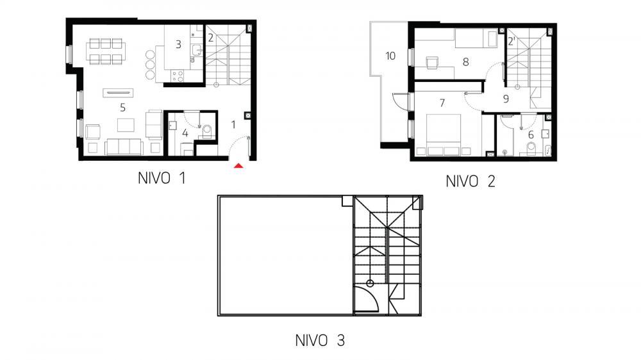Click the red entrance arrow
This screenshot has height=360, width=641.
pyautogui.click(x=238, y=166)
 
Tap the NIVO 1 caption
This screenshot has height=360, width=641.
pyautogui.click(x=162, y=179)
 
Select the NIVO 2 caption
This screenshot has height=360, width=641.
pyautogui.click(x=470, y=181)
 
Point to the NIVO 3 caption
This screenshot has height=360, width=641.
pyautogui.click(x=320, y=340)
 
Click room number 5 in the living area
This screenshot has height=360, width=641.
pyautogui.click(x=122, y=108)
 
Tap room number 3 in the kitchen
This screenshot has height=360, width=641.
pyautogui.click(x=179, y=45)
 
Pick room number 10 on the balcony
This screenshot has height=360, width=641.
pyautogui.click(x=390, y=55)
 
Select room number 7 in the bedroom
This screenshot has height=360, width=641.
pyautogui.click(x=442, y=102)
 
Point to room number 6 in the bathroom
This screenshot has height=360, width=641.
pyautogui.click(x=531, y=135)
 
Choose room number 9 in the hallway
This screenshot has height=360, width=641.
pyautogui.click(x=506, y=99)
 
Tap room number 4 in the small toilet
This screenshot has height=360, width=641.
pyautogui.click(x=185, y=133)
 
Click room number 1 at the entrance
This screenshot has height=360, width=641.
pyautogui.click(x=233, y=124)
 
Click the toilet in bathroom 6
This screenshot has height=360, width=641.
pyautogui.click(x=530, y=149)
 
